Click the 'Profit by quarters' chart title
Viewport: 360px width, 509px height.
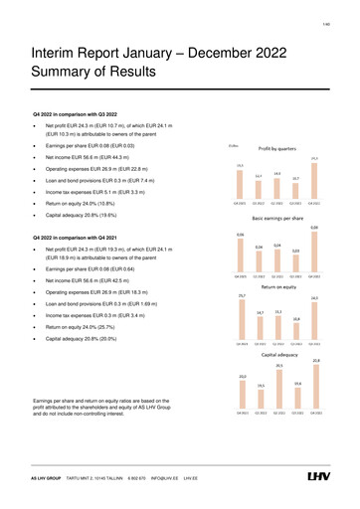click(279, 148)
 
